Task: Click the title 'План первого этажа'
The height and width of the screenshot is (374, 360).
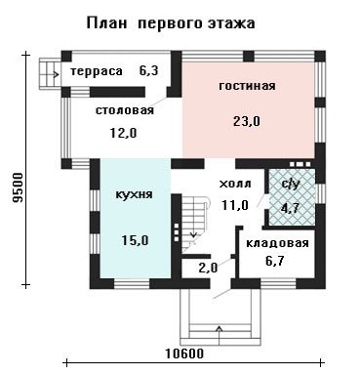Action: tap(171, 23)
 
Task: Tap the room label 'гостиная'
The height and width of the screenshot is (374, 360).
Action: tap(247, 86)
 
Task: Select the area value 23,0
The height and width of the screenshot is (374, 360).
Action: tap(247, 122)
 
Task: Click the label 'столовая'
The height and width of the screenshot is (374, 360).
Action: tap(125, 110)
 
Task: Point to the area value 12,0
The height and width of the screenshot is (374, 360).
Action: tap(124, 133)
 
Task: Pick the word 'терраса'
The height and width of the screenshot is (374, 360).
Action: tap(97, 71)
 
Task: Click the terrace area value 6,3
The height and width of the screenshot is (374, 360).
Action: tap(149, 70)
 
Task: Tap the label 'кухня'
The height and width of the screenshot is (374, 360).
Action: tap(134, 195)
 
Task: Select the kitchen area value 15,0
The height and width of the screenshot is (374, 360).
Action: tap(135, 240)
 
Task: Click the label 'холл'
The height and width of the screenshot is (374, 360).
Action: tap(235, 184)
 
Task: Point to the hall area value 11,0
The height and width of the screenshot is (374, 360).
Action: tap(235, 205)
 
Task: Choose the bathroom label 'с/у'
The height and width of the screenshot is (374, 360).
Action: tap(290, 185)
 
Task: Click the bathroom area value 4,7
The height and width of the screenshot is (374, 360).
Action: tap(291, 208)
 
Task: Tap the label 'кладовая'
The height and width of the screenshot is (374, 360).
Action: tap(277, 243)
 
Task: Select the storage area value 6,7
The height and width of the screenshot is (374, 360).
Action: tap(276, 261)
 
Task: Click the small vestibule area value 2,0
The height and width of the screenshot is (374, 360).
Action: tap(208, 268)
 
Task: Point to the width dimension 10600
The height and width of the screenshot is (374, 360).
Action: tap(184, 353)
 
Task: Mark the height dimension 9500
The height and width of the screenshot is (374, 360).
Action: tap(19, 187)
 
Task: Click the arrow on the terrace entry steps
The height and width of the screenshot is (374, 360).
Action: tap(52, 74)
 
